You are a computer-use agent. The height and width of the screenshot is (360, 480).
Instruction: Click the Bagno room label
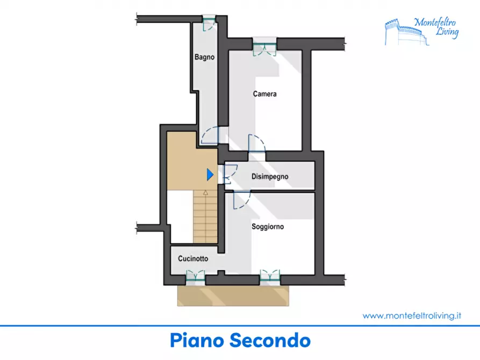(204, 57)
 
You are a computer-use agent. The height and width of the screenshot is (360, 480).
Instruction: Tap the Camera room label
(265, 93)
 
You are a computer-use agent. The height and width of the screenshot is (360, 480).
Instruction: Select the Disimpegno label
(270, 177)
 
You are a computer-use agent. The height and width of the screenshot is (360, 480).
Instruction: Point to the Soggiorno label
(268, 227)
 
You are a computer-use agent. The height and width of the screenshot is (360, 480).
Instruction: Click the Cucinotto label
(193, 258)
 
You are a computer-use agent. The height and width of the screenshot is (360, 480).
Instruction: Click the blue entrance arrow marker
(210, 175)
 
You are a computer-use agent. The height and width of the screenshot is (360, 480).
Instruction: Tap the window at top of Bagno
(210, 22)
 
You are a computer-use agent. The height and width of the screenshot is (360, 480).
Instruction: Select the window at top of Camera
(265, 47)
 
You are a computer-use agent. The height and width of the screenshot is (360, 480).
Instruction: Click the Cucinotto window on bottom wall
(195, 277)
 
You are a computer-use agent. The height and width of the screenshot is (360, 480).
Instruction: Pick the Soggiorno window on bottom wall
(270, 277)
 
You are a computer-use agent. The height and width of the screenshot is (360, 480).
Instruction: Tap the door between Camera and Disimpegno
(257, 143)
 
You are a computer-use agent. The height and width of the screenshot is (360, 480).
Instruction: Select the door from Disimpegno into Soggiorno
(242, 200)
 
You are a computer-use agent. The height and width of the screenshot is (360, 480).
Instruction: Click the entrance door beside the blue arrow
(230, 175)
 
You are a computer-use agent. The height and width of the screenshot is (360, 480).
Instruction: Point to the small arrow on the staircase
(206, 192)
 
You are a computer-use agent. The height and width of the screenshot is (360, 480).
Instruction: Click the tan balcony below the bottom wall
(233, 296)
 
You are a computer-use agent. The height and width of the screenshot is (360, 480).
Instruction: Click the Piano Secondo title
(240, 341)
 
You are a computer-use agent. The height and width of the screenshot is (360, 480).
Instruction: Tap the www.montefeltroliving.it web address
(412, 315)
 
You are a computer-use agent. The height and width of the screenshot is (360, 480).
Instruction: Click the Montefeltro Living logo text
(436, 27)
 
